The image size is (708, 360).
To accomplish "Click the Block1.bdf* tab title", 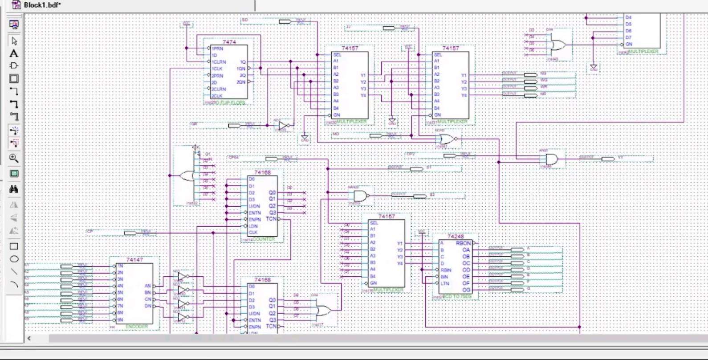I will coord(42,5).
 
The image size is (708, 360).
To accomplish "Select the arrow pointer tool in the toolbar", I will coord(14,41).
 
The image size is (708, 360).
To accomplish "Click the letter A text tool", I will coord(14,53).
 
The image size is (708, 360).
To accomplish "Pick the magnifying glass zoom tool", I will coord(14,158).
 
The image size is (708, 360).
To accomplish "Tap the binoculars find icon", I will coord(14,189).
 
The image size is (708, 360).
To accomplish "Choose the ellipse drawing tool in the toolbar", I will coord(14,259).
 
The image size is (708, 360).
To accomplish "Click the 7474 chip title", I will coord(229,42).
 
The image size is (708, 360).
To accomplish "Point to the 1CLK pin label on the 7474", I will coord(217,69).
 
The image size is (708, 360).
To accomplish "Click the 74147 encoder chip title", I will coord(134,260).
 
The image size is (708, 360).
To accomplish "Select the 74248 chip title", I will coord(455,237).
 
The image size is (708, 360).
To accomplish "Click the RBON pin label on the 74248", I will coord(463,243).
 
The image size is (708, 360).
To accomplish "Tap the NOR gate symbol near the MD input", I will coord(447,139).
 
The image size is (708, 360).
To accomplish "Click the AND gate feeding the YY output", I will coord(552,159).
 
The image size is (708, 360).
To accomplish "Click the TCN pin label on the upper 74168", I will coord(271,219).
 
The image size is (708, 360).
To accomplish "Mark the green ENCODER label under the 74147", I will coord(136,327).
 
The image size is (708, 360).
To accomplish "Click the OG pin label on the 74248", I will coord(466,290).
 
